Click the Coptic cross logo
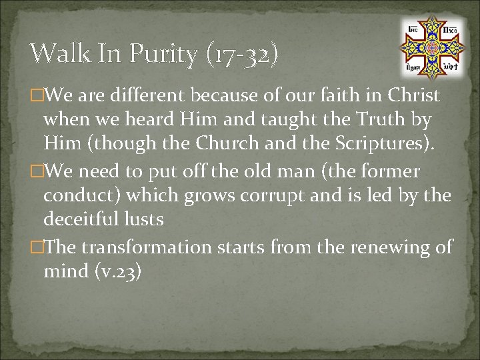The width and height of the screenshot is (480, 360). [432, 46]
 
